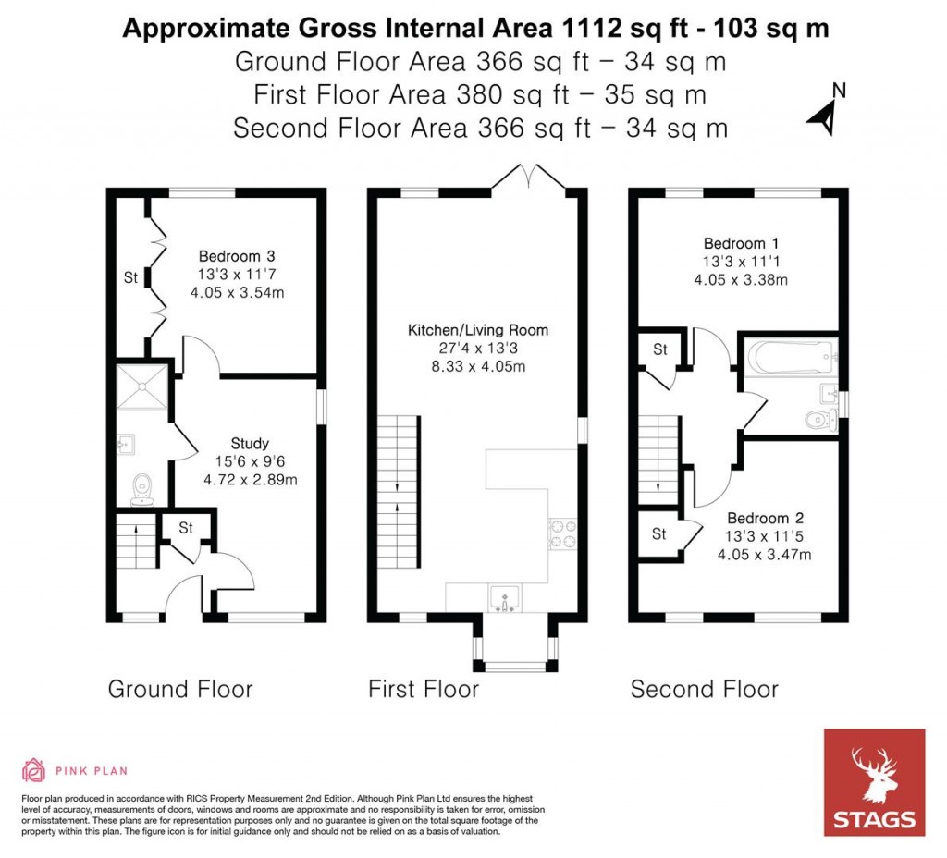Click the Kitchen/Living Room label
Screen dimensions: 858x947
tap(478, 330)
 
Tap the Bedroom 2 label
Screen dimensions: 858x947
tap(757, 518)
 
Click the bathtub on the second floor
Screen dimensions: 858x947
tap(791, 356)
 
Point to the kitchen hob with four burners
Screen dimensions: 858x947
tap(562, 533)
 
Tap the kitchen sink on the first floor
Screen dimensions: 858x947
tap(504, 598)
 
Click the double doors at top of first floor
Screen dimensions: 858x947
tap(526, 176)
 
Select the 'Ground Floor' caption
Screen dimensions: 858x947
tap(180, 689)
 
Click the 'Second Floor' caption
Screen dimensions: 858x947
tap(704, 689)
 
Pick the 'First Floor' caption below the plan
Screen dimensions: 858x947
tap(424, 689)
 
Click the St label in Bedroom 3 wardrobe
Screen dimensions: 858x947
tap(130, 276)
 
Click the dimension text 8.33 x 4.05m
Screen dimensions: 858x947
tap(478, 367)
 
